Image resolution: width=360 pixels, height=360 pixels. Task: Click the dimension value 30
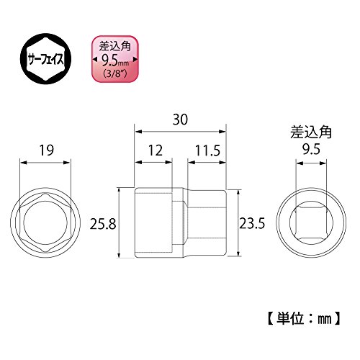click(180, 120)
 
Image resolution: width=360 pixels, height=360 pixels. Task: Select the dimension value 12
click(156, 150)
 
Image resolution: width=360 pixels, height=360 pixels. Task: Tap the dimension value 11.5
click(207, 150)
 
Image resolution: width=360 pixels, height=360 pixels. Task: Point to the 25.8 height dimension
click(103, 225)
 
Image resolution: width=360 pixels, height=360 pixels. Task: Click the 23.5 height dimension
click(252, 223)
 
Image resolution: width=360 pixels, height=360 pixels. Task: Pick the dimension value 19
click(47, 150)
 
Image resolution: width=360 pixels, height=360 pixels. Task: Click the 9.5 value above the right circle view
click(311, 150)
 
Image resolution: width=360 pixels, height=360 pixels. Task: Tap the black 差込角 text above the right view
click(311, 132)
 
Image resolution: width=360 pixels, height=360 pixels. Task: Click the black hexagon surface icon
click(45, 58)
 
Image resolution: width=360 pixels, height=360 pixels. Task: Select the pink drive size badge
click(115, 59)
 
